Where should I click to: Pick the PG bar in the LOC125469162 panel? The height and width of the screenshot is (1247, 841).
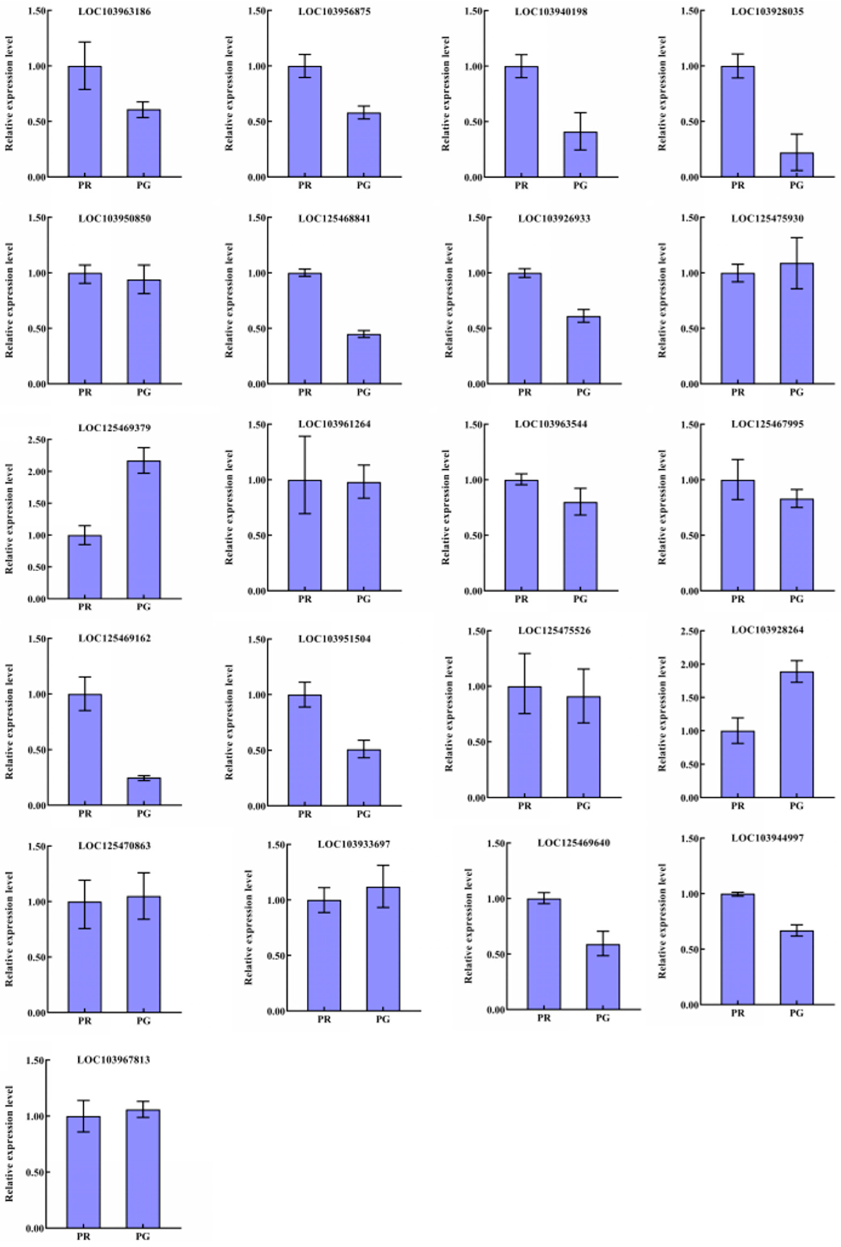(144, 791)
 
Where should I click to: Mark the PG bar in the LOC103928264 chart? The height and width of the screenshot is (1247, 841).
(796, 735)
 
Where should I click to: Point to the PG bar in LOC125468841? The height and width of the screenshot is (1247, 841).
(364, 359)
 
